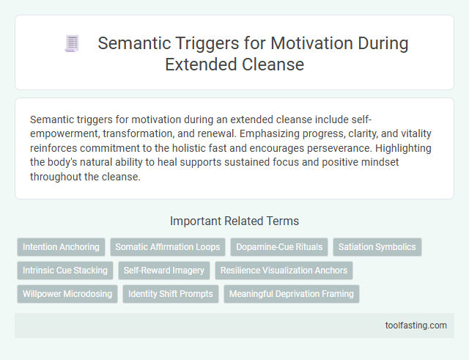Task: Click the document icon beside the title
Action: pos(72,44)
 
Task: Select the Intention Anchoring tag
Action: pos(62,247)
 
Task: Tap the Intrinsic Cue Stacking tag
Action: pos(65,271)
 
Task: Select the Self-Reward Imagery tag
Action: pos(164,271)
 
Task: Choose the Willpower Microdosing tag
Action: pos(67,294)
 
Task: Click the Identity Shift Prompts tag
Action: pos(170,294)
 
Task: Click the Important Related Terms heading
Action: pos(234,221)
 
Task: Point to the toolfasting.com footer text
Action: pos(416,325)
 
